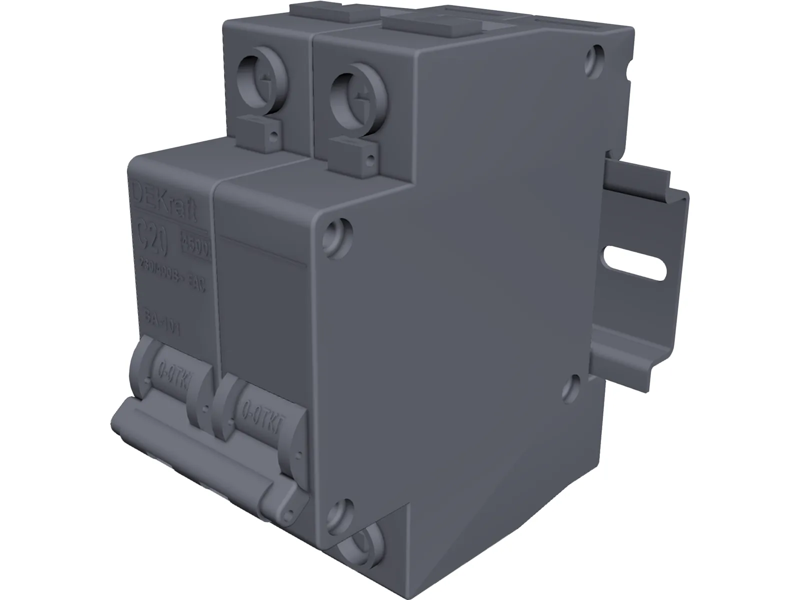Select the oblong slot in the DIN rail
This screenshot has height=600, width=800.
(635, 264)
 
